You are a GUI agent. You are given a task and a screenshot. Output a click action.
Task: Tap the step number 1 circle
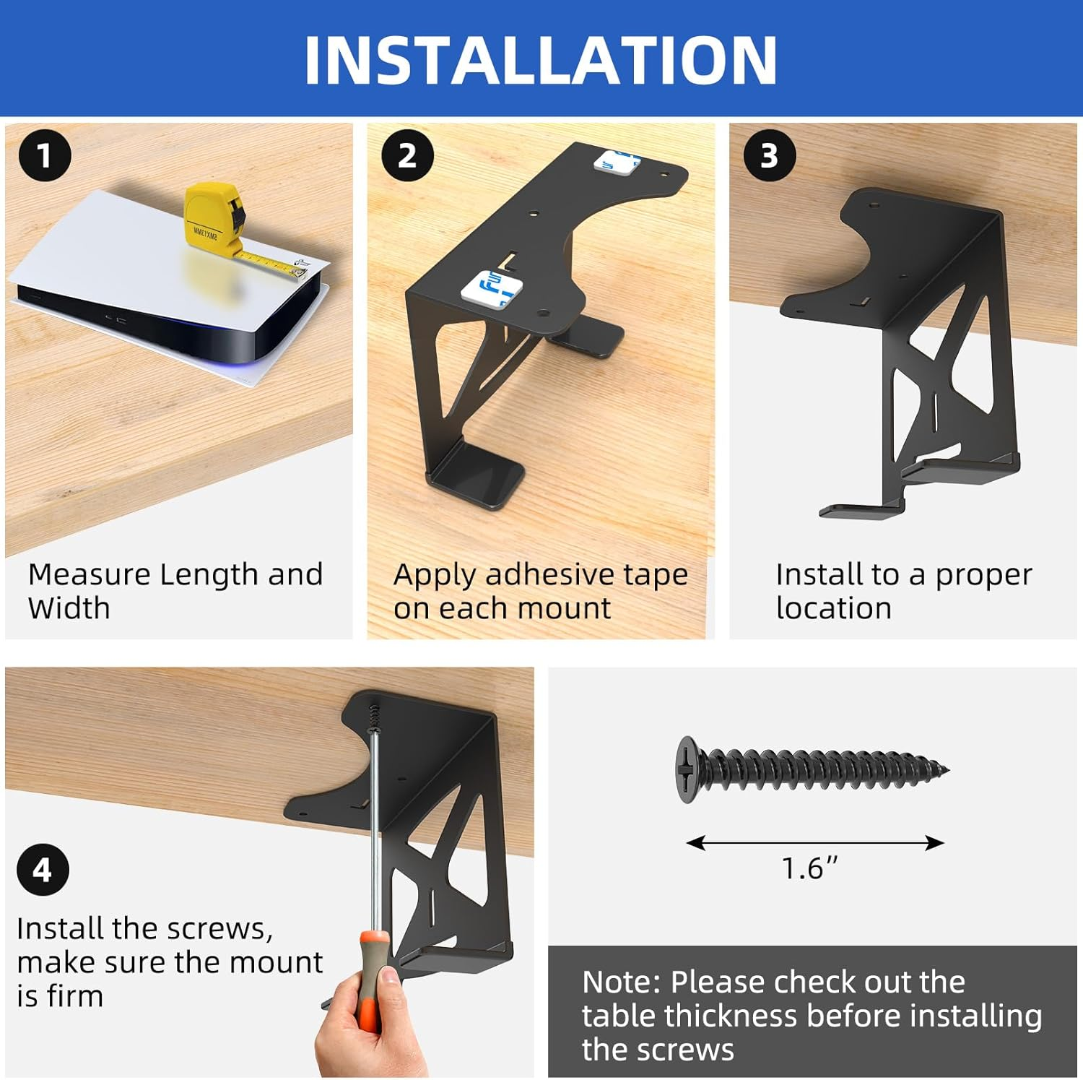[x=45, y=155]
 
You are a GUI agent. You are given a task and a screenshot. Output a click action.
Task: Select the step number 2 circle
[x=407, y=155]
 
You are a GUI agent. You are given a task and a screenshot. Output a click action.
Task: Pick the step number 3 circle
[x=770, y=155]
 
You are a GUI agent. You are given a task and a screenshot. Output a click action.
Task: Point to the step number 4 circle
[x=43, y=870]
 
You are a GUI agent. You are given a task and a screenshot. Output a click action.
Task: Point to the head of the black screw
[x=686, y=769]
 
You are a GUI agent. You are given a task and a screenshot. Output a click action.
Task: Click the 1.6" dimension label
[x=809, y=868]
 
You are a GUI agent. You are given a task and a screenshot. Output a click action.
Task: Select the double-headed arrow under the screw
[x=815, y=842]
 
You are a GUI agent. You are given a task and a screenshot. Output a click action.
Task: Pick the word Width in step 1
[x=69, y=608]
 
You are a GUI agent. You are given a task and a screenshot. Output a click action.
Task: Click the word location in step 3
[x=834, y=608]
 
